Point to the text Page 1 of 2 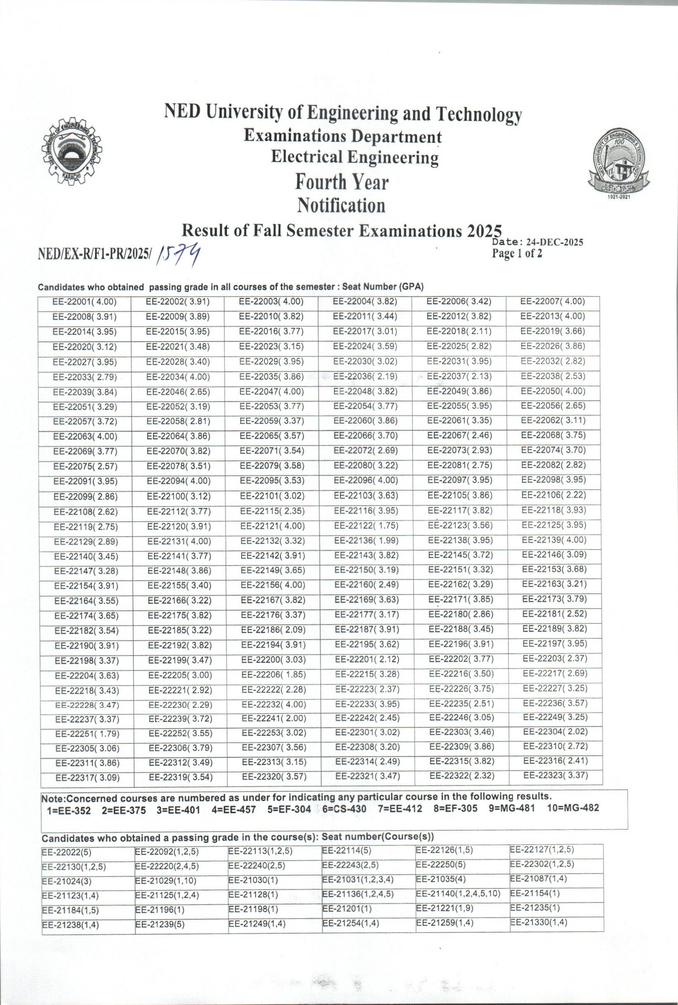[517, 254]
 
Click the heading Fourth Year [341, 182]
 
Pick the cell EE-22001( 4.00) [84, 303]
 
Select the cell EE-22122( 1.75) [366, 526]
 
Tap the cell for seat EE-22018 [459, 331]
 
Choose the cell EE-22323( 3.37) [556, 775]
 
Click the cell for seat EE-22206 [273, 674]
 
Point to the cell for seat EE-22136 [366, 541]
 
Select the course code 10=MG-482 [572, 809]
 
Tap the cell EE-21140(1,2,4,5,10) [458, 893]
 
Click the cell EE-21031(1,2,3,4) [358, 879]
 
